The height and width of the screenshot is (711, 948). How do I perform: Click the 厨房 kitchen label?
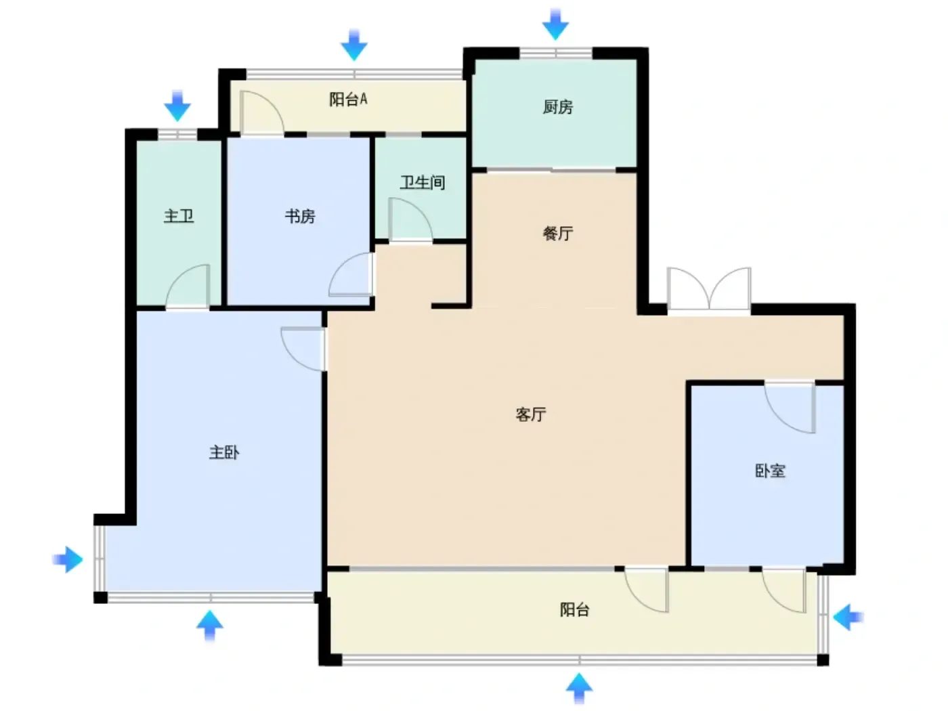[557, 106]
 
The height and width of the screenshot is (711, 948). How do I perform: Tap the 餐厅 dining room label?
[557, 233]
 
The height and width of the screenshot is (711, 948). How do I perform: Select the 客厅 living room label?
[531, 414]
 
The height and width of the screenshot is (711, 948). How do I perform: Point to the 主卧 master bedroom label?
[224, 452]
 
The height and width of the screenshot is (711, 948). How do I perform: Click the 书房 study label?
[300, 216]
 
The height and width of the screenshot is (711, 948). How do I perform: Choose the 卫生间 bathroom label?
[422, 182]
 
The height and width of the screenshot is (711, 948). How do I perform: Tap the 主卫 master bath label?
[178, 216]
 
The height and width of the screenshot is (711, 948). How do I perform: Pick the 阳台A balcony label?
[348, 100]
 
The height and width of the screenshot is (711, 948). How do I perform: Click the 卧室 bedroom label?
[770, 471]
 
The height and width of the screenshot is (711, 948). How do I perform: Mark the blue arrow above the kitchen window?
[555, 25]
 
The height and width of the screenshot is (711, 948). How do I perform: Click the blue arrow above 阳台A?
[354, 45]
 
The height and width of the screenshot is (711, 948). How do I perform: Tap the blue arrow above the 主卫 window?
[177, 106]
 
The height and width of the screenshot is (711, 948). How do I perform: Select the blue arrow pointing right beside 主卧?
[68, 559]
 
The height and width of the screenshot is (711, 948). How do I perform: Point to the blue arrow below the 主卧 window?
[210, 625]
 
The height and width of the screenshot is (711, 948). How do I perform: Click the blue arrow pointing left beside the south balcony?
[848, 618]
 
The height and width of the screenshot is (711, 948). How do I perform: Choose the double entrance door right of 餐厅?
[709, 288]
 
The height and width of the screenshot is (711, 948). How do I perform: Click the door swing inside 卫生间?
[410, 219]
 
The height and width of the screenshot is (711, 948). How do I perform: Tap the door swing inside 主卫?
[188, 286]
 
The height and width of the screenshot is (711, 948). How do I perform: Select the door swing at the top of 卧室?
[790, 407]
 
